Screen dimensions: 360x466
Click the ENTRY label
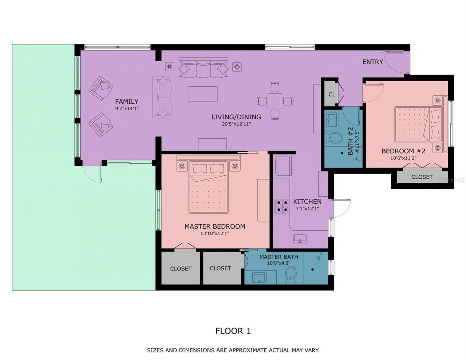click(372, 62)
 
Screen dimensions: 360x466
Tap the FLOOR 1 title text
click(233, 331)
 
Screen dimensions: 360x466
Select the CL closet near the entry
click(332, 94)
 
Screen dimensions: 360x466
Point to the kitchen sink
click(300, 239)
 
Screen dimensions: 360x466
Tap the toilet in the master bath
click(291, 274)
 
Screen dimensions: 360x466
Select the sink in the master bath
click(259, 278)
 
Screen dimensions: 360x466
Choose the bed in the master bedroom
click(208, 187)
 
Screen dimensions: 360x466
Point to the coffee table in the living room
click(202, 94)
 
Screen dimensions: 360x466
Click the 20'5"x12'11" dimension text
click(236, 124)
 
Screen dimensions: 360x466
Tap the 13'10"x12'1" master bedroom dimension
click(214, 234)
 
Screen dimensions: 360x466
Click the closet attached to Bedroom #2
click(422, 177)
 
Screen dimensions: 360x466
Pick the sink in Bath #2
click(332, 119)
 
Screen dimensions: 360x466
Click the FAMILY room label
click(127, 102)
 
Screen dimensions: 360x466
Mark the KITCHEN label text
click(307, 202)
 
